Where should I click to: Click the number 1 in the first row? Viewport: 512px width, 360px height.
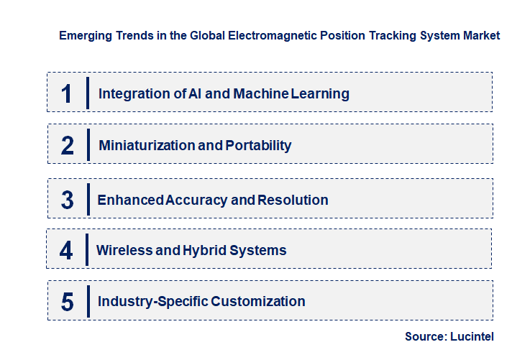67,93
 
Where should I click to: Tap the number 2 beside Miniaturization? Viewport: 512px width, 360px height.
68,146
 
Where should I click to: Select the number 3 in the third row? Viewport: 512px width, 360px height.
68,200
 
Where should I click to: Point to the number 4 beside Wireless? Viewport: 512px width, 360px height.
67,251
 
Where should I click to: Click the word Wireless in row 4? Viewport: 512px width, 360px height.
124,251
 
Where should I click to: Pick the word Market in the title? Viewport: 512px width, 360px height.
480,35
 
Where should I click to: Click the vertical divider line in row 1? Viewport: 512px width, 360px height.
87,93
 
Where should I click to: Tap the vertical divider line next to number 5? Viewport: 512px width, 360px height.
87,301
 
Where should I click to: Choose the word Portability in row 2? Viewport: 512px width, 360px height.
258,146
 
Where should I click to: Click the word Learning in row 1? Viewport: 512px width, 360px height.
320,93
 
